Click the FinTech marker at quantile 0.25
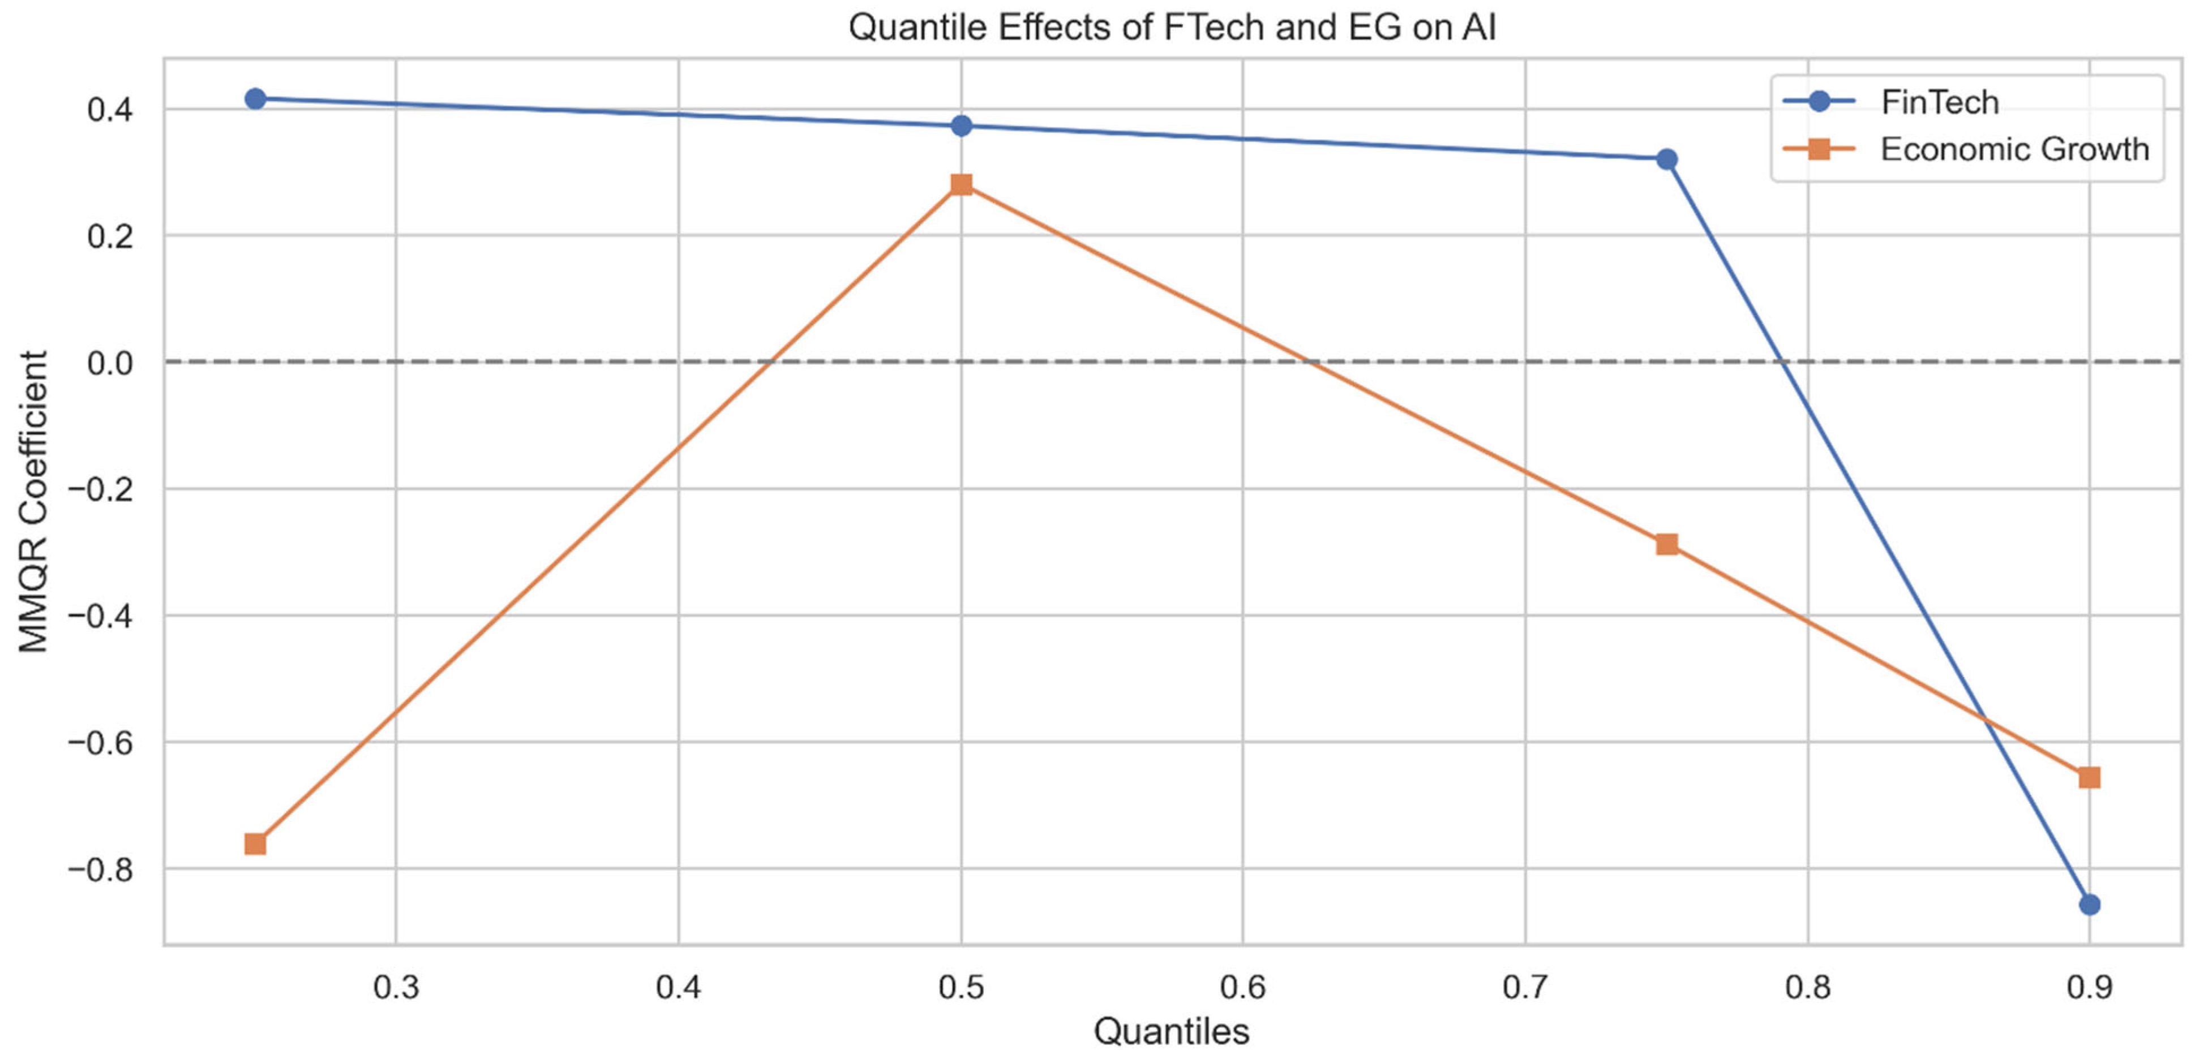255,99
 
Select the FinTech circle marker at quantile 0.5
961,126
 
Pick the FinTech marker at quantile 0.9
2089,905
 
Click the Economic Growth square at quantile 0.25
255,844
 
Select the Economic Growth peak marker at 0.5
961,185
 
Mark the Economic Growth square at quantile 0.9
2089,777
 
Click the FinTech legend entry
1939,102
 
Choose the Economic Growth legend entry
2013,150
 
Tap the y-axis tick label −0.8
100,870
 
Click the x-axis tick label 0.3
396,988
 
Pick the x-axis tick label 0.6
1242,988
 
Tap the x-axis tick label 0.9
2089,988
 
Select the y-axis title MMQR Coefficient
34,501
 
